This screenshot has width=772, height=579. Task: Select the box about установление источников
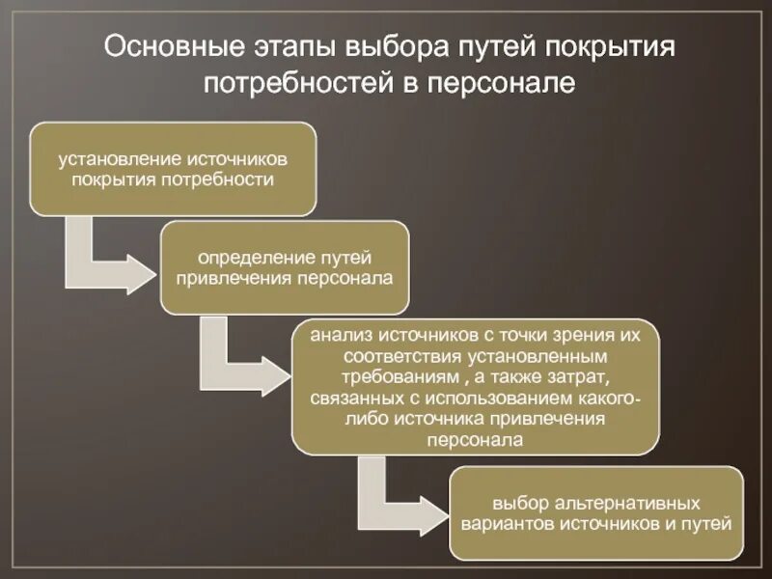[x=173, y=168]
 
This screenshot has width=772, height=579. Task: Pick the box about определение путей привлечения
[x=285, y=267]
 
